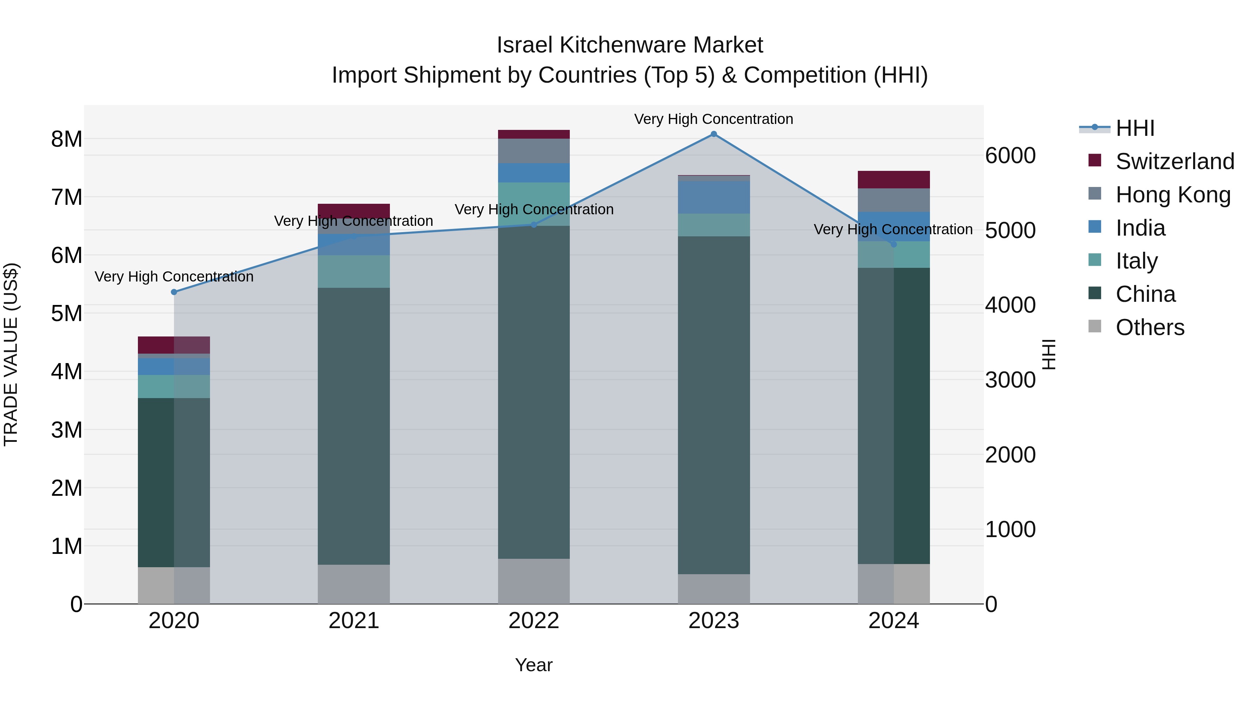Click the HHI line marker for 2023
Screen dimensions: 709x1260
pos(714,134)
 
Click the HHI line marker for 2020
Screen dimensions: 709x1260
pos(174,292)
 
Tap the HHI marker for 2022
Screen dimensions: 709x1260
pos(534,224)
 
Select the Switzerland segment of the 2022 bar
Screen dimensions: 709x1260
pos(534,134)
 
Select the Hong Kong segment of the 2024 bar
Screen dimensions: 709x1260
pos(894,200)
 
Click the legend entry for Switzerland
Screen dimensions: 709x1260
pos(1174,161)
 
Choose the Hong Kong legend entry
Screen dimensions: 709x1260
pos(1172,195)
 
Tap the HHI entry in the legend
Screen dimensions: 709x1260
pos(1135,128)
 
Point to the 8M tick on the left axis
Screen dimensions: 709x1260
pos(66,139)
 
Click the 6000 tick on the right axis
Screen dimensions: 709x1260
pos(1010,155)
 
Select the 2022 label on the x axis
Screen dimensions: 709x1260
pos(534,621)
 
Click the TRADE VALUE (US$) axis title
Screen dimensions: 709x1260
pos(11,354)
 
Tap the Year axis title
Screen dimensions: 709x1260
pos(534,665)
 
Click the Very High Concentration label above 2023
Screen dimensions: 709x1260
pos(714,119)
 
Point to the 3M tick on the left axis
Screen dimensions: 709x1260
pos(66,430)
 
